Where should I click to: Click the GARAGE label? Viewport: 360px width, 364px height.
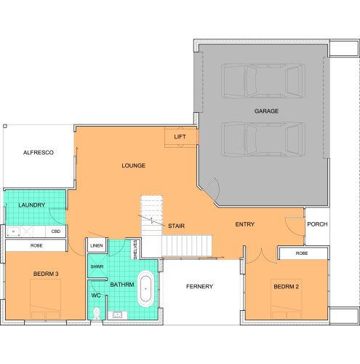pos(266,111)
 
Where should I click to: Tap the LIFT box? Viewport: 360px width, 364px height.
pos(180,137)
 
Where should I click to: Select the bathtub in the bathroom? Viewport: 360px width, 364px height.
pos(145,289)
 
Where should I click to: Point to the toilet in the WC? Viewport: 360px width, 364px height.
pos(97,314)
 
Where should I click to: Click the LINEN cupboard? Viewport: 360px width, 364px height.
pos(97,245)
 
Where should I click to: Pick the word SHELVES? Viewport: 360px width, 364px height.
pos(135,249)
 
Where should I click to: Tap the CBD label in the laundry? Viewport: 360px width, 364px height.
pos(56,232)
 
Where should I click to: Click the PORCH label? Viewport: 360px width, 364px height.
pos(317,224)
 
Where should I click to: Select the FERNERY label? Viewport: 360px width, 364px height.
pos(199,287)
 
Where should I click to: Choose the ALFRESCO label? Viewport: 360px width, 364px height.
pos(39,153)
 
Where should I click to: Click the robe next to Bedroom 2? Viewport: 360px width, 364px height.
pos(303,253)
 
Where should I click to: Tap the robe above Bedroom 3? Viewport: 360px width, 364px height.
pos(36,245)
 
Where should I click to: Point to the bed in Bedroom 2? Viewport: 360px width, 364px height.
pos(287,299)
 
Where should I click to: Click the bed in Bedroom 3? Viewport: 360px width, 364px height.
pos(45,299)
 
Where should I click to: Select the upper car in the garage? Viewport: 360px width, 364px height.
pos(263,81)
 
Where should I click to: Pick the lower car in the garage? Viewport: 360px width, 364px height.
pos(263,140)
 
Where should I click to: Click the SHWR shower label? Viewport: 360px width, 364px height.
pos(97,266)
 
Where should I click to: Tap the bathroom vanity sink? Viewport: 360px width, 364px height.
pos(118,315)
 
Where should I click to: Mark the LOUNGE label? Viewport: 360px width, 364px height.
pos(134,165)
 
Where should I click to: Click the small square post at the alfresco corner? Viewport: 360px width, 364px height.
pos(5,126)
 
